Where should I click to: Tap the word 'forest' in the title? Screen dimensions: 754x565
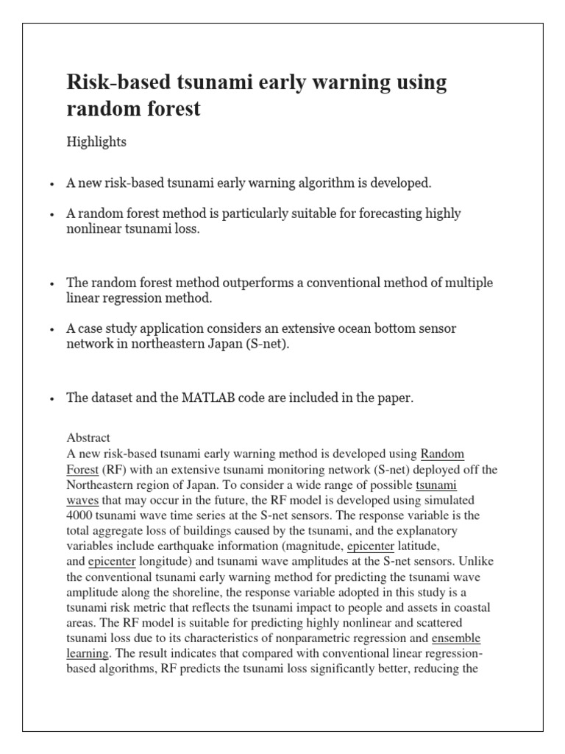pos(167,110)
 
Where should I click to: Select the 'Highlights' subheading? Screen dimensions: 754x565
pos(96,142)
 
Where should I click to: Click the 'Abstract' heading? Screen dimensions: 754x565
pos(88,437)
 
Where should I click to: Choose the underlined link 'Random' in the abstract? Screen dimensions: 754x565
pos(442,454)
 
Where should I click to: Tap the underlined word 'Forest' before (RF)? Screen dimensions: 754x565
pos(82,469)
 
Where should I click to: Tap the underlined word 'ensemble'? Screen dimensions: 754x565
pos(456,638)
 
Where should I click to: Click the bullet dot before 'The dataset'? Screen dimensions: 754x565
pos(51,399)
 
